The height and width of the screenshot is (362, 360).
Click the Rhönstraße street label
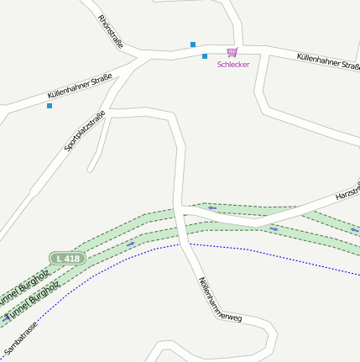click(110, 31)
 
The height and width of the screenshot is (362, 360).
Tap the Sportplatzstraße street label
click(85, 131)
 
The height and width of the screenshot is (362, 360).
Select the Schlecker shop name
click(233, 65)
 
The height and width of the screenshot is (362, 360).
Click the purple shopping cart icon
click(232, 52)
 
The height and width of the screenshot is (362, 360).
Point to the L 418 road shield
click(66, 259)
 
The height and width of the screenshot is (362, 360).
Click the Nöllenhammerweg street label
click(220, 299)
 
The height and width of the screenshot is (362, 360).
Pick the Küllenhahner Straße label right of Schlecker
click(328, 61)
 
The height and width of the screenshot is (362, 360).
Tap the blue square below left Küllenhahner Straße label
click(50, 106)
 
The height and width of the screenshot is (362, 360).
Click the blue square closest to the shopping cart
click(205, 56)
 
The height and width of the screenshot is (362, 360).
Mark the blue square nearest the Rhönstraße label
click(193, 45)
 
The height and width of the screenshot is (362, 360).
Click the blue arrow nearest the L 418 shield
click(130, 244)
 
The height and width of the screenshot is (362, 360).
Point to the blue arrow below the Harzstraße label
click(274, 228)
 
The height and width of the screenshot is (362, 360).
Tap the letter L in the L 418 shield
click(59, 259)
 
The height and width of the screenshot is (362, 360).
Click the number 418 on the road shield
click(71, 259)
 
